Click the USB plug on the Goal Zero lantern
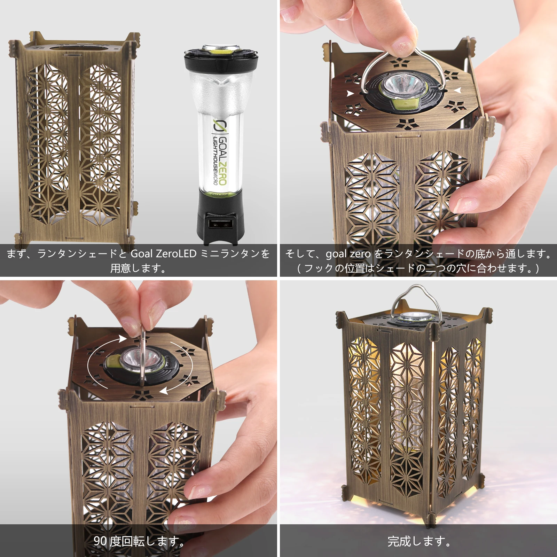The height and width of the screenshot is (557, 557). click(x=220, y=224)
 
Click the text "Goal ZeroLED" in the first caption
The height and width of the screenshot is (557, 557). click(x=164, y=253)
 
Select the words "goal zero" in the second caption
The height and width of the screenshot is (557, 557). click(x=348, y=254)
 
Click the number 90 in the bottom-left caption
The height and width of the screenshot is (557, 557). click(x=100, y=541)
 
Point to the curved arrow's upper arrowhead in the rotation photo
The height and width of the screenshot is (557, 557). click(x=122, y=338)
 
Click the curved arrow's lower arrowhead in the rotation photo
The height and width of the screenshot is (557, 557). click(x=164, y=391)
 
